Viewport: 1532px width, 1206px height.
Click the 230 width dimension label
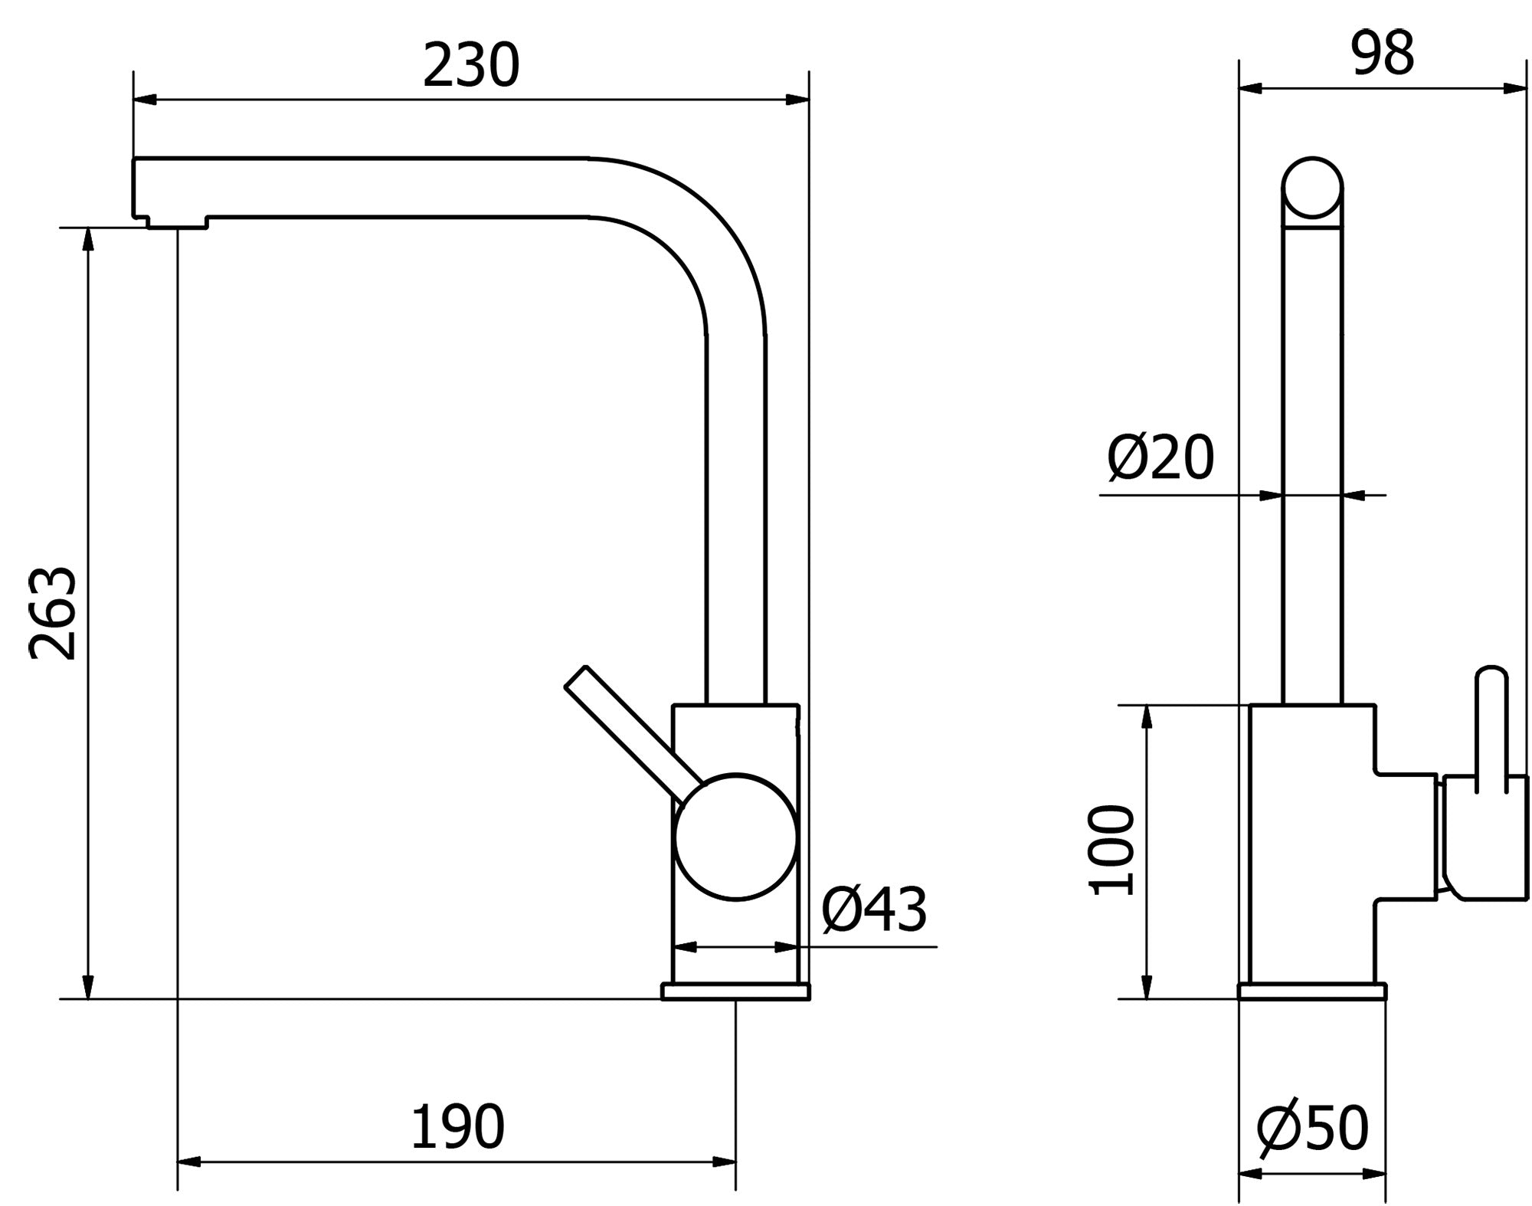pyautogui.click(x=471, y=65)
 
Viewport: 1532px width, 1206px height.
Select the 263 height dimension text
pyautogui.click(x=53, y=613)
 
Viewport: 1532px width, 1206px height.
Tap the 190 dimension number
pyautogui.click(x=457, y=1127)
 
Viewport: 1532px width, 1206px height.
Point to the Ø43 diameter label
pyautogui.click(x=874, y=909)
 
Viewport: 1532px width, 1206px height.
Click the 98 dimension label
pyautogui.click(x=1383, y=54)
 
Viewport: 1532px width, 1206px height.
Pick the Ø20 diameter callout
pyautogui.click(x=1160, y=457)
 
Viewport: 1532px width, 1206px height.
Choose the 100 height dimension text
pyautogui.click(x=1111, y=850)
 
